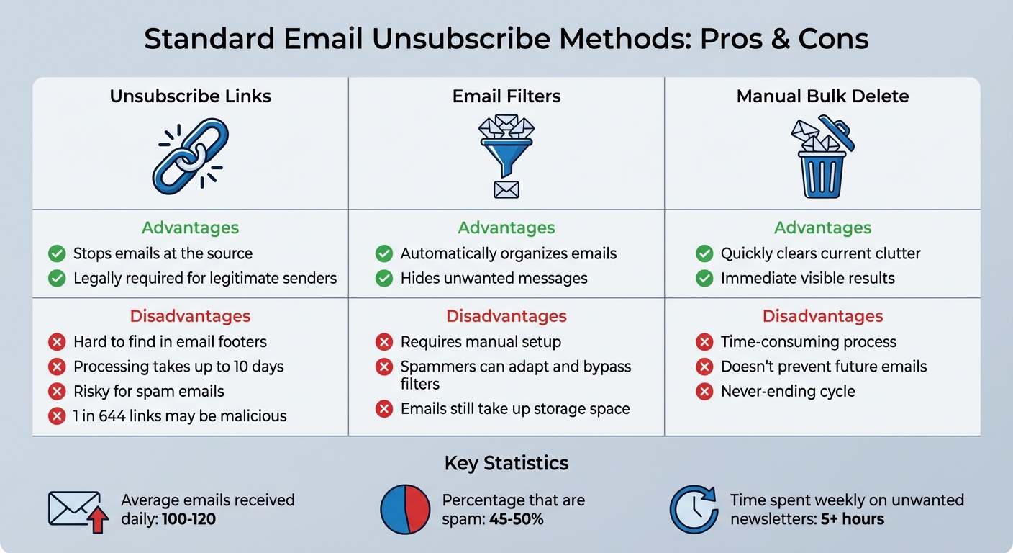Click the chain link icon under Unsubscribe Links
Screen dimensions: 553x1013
point(190,157)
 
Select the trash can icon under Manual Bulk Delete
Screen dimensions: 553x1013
point(822,157)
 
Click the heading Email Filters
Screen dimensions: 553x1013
point(506,96)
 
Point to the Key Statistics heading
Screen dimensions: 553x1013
point(506,463)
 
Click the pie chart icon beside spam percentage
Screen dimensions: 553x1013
point(404,510)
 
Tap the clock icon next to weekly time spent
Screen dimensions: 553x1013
point(694,510)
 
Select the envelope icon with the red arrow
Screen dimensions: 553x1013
point(78,511)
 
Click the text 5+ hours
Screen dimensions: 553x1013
point(853,518)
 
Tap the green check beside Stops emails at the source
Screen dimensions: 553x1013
point(57,253)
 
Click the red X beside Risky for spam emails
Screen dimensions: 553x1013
point(57,391)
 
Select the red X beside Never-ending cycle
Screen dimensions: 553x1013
point(704,391)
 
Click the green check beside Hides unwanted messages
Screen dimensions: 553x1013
point(384,278)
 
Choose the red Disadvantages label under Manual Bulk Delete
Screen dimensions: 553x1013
point(822,316)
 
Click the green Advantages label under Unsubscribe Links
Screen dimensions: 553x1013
point(190,228)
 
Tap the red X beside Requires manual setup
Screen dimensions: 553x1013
point(384,342)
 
